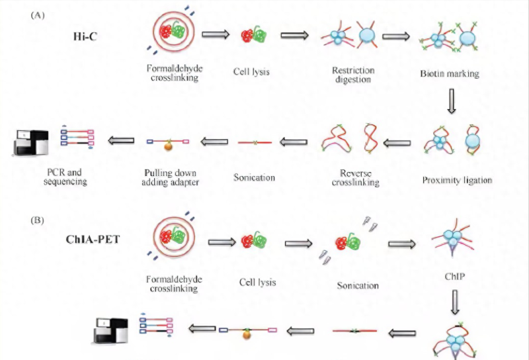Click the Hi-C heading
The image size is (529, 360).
[x=86, y=36]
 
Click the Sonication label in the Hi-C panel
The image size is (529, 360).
[x=254, y=177]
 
